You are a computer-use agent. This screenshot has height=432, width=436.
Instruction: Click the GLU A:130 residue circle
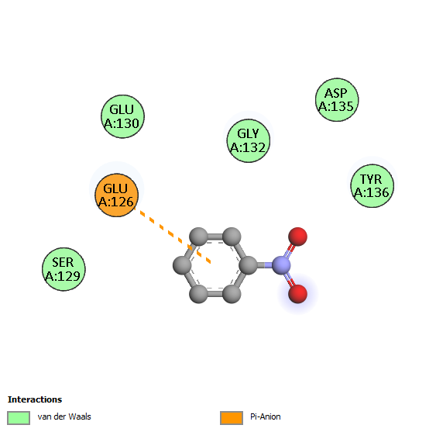pyautogui.click(x=122, y=116)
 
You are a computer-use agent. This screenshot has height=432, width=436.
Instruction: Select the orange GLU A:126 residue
pyautogui.click(x=116, y=195)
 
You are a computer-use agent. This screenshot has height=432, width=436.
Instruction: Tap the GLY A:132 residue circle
pyautogui.click(x=249, y=140)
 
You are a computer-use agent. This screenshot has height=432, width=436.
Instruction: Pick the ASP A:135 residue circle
pyautogui.click(x=337, y=100)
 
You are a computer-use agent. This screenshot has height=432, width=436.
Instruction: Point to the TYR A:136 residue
pyautogui.click(x=372, y=186)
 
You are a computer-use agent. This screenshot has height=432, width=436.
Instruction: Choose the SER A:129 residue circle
pyautogui.click(x=64, y=269)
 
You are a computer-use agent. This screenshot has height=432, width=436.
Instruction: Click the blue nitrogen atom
pyautogui.click(x=281, y=265)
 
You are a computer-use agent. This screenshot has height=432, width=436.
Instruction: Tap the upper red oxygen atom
pyautogui.click(x=298, y=237)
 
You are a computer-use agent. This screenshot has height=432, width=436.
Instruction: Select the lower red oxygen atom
pyautogui.click(x=298, y=293)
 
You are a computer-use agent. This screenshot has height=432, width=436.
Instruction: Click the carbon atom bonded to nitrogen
pyautogui.click(x=248, y=265)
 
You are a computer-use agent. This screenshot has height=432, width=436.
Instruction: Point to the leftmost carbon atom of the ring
pyautogui.click(x=182, y=265)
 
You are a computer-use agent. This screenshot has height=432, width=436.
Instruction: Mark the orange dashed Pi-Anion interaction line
pyautogui.click(x=173, y=235)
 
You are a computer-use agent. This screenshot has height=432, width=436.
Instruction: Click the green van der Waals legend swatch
pyautogui.click(x=19, y=418)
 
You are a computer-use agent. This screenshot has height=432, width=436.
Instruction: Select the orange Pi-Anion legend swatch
pyautogui.click(x=232, y=418)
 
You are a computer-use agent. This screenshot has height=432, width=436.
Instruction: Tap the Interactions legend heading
pyautogui.click(x=35, y=399)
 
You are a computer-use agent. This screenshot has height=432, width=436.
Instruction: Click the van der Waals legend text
pyautogui.click(x=64, y=416)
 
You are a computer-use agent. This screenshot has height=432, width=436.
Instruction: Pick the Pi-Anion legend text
pyautogui.click(x=266, y=416)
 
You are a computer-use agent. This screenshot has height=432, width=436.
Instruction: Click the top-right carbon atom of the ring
pyautogui.click(x=232, y=237)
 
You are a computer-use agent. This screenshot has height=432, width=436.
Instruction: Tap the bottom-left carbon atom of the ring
pyautogui.click(x=198, y=294)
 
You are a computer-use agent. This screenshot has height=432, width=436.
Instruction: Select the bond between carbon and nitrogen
pyautogui.click(x=264, y=265)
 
